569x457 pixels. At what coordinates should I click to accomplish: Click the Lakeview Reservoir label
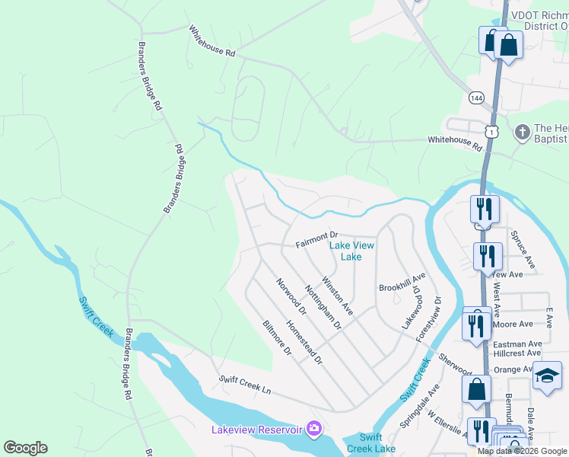point(257,430)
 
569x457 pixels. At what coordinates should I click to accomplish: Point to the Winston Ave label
point(337,296)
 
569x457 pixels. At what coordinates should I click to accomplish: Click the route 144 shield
point(476,98)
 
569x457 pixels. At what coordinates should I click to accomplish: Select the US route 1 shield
point(492,132)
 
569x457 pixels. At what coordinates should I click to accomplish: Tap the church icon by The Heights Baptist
point(522,133)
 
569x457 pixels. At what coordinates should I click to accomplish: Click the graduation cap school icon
point(547,376)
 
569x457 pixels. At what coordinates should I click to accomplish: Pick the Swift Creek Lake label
point(371,443)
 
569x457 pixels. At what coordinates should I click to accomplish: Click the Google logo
point(25,448)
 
